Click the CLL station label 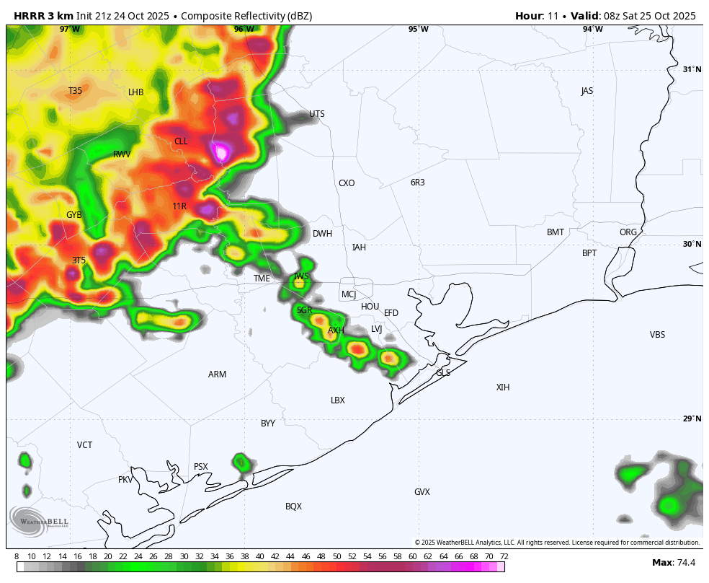[x=181, y=141]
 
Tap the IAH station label [x=359, y=247]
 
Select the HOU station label [x=370, y=307]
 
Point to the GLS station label [x=443, y=373]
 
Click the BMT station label [x=556, y=232]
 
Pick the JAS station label [x=587, y=91]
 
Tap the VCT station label [x=85, y=445]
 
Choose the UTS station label [x=317, y=114]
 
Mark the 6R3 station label [x=418, y=183]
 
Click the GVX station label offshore [x=422, y=492]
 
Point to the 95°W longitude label [x=418, y=29]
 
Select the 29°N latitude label [x=692, y=418]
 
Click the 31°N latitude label [x=692, y=69]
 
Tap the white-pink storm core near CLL [x=221, y=152]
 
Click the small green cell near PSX [x=242, y=462]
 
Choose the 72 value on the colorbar [x=504, y=556]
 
